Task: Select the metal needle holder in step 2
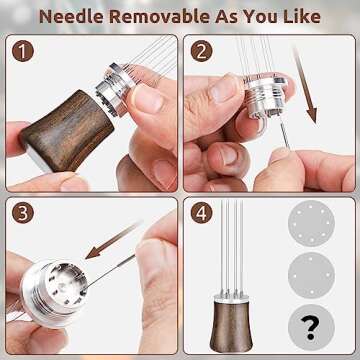270,101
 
